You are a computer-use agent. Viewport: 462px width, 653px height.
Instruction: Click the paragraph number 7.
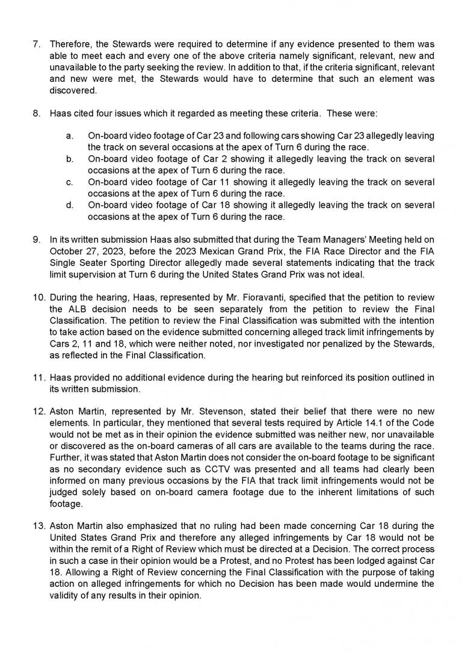tap(36, 45)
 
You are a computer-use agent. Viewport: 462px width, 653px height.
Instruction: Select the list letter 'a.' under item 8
tap(70, 137)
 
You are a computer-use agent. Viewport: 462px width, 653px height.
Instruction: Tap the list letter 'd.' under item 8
tap(70, 206)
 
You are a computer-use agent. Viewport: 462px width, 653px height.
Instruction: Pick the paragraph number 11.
tap(38, 378)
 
